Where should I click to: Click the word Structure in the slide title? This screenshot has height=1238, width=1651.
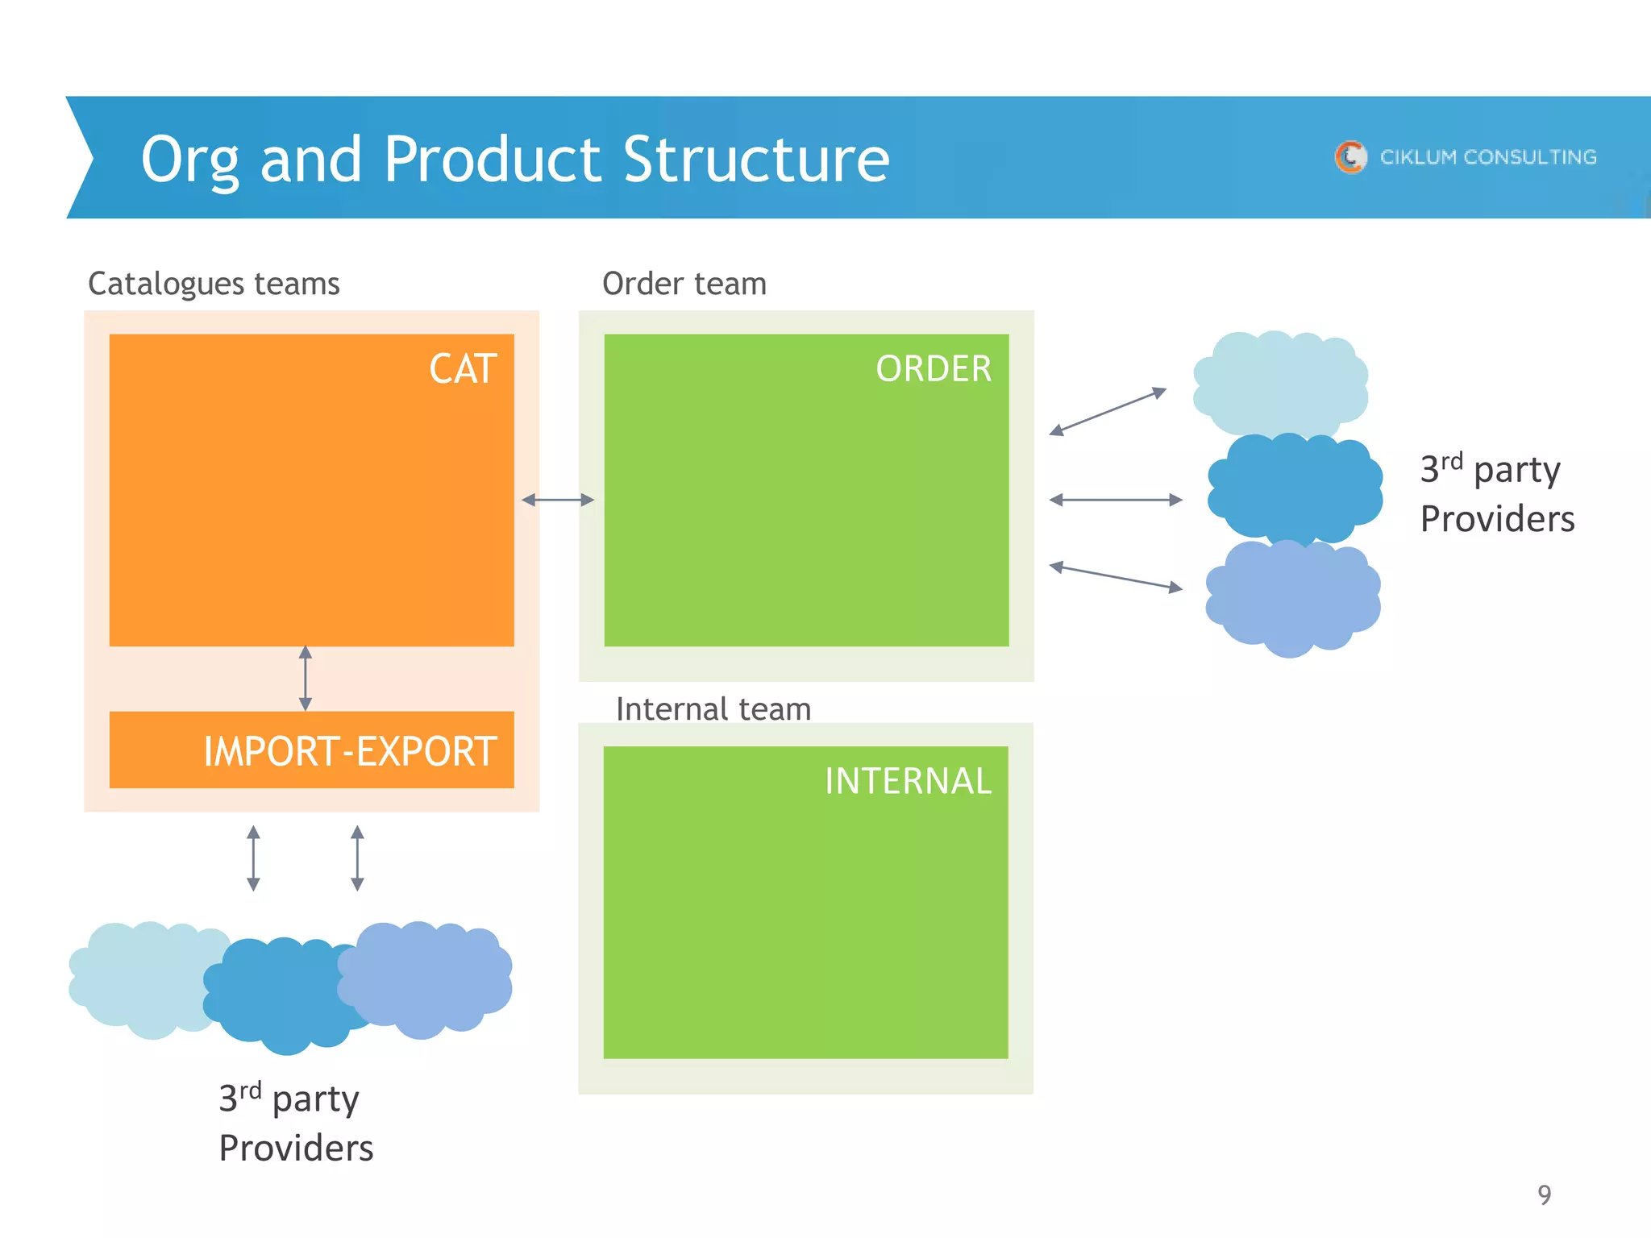[x=756, y=159]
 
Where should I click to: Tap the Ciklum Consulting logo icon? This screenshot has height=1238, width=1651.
[x=1350, y=157]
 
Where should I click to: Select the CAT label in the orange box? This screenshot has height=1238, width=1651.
[x=462, y=369]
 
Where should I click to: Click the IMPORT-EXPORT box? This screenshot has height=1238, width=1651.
[x=312, y=750]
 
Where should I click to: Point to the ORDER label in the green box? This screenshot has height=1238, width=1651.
[x=933, y=369]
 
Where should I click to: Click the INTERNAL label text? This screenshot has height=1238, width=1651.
[x=907, y=781]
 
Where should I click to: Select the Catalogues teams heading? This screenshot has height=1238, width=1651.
[x=214, y=284]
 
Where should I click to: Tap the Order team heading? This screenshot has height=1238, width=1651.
[x=684, y=284]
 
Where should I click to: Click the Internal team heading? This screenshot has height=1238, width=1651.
[x=713, y=709]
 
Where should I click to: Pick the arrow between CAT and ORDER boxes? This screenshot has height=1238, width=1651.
[x=558, y=500]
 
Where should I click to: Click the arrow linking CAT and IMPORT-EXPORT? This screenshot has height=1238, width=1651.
[x=306, y=678]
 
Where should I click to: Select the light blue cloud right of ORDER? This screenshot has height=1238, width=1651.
[x=1280, y=383]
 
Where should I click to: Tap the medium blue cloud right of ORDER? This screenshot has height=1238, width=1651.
[x=1294, y=488]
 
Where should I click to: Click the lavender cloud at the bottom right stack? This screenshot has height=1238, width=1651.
[x=1292, y=597]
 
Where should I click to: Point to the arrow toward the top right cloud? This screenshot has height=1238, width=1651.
[x=1108, y=411]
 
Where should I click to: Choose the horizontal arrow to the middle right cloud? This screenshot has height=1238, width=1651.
[x=1116, y=500]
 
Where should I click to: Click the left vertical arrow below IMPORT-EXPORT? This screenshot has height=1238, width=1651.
[x=253, y=858]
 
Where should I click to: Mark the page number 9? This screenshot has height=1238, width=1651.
[x=1544, y=1194]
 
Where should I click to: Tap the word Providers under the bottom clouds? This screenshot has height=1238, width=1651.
[x=296, y=1148]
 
